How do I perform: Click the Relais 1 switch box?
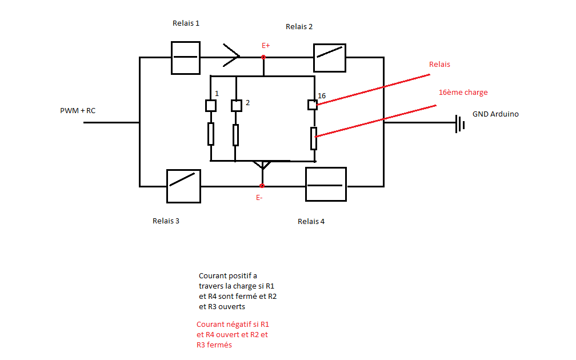[x=186, y=58]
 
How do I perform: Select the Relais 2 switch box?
[x=330, y=58]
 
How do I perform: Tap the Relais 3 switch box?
[x=183, y=186]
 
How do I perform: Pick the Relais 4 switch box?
[x=326, y=185]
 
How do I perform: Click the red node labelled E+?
[x=263, y=57]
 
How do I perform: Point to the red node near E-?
[x=262, y=186]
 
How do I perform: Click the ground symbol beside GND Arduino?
[x=458, y=123]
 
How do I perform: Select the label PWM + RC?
[x=78, y=110]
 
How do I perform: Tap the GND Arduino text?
[x=495, y=114]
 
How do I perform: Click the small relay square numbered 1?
[x=210, y=106]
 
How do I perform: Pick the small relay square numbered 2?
[x=236, y=106]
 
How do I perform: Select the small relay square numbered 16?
[x=313, y=105]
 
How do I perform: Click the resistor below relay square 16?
[x=314, y=138]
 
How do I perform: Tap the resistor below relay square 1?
[x=211, y=134]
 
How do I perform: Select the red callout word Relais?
[x=439, y=65]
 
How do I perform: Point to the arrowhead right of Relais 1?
[x=232, y=56]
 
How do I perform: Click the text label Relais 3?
[x=166, y=221]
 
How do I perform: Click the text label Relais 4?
[x=311, y=221]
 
